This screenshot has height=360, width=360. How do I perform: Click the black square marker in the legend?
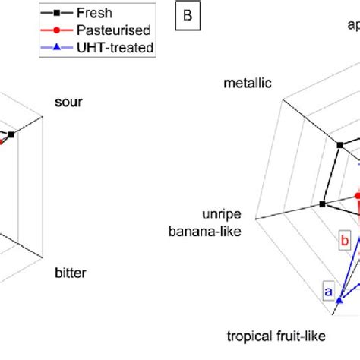(x=52, y=13)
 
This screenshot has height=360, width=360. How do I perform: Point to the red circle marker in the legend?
(x=52, y=30)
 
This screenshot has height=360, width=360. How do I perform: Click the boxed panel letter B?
(x=186, y=17)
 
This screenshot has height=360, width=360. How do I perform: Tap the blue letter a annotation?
(x=329, y=290)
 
